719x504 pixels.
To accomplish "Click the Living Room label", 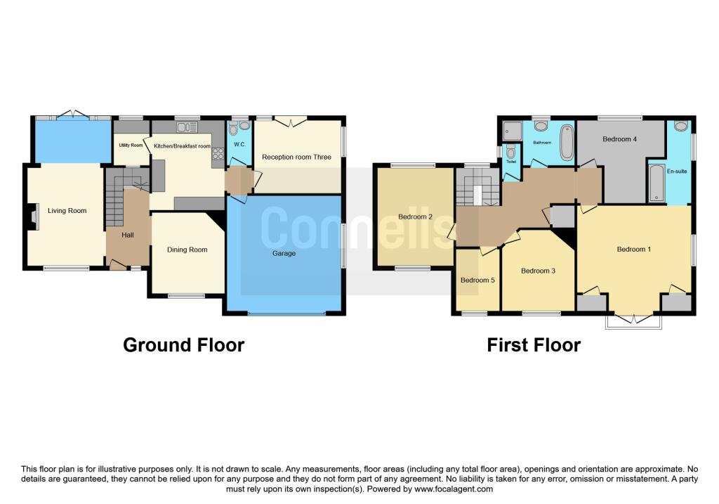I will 67,210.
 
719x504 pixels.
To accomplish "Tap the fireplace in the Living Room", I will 33,217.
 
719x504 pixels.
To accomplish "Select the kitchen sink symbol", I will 187,127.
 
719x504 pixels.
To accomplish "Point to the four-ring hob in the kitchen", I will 216,156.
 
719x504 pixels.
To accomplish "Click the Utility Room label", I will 131,146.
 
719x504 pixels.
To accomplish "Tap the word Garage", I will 284,253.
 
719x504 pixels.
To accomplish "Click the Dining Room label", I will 187,250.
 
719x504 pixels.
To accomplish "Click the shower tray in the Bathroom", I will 512,131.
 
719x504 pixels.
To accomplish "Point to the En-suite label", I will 676,171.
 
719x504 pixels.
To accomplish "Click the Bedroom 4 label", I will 620,139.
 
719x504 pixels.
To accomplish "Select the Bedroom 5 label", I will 477,280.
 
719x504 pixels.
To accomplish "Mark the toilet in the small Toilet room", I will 511,152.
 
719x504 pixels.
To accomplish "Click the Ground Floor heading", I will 183,345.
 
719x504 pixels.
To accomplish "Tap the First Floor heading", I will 534,345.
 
